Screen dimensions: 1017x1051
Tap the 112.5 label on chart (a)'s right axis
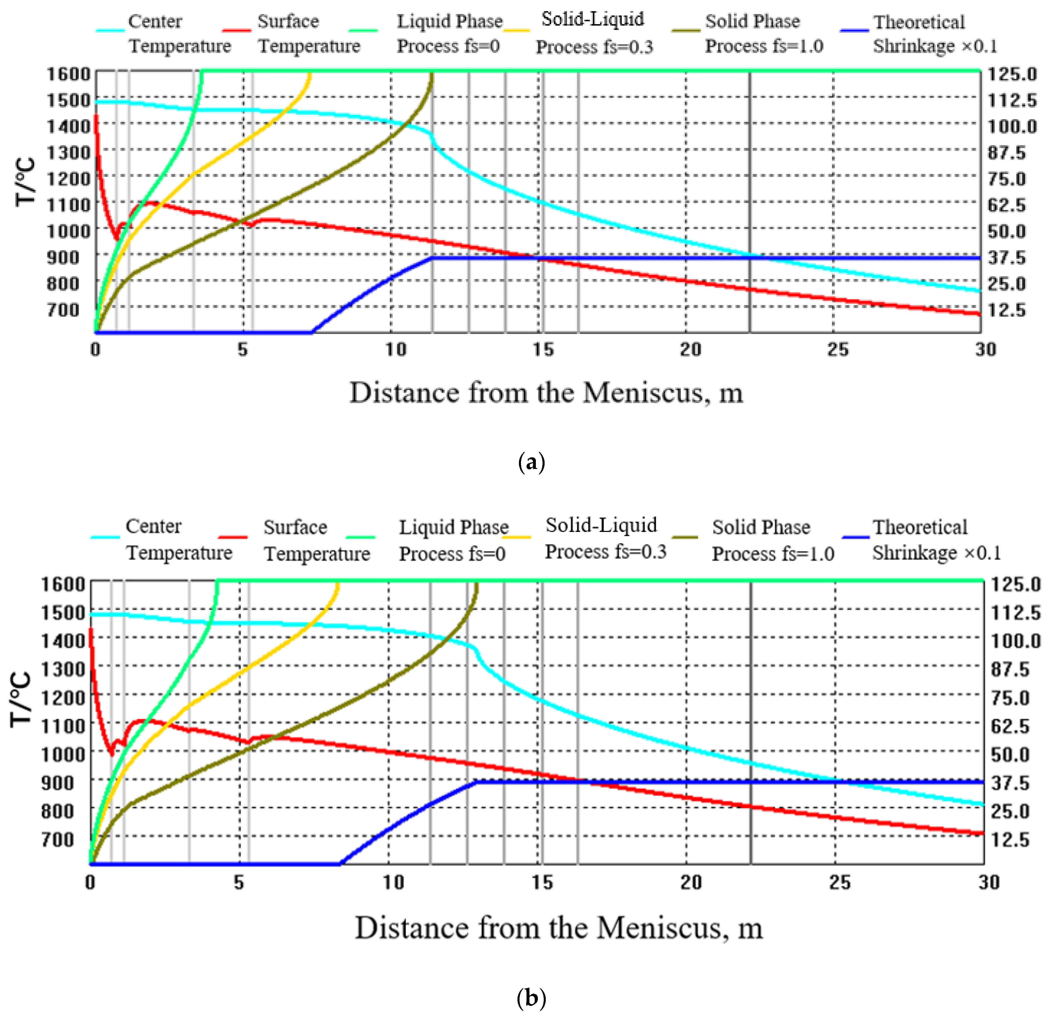click(x=1012, y=100)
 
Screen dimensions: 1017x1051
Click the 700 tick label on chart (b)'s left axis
click(x=57, y=839)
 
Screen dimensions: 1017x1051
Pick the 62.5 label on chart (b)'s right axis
click(x=1010, y=726)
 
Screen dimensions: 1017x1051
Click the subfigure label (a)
click(x=531, y=462)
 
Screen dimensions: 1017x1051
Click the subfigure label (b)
click(x=531, y=998)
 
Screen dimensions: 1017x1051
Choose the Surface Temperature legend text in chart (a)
click(x=308, y=33)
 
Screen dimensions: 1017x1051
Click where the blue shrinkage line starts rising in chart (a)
click(x=312, y=332)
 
